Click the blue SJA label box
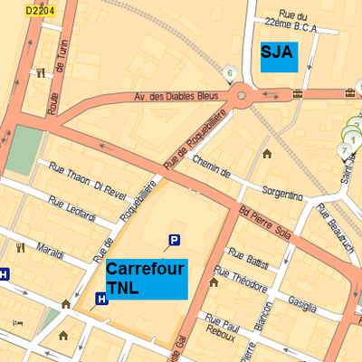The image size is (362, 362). pos(278,56)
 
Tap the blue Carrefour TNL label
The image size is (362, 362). pos(146,279)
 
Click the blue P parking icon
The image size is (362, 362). pos(174,240)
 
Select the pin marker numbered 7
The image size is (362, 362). pos(344,150)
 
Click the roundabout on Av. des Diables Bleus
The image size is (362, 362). pos(242,94)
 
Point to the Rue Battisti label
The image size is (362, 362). pos(248,259)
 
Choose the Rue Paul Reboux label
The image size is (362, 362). pos(221,328)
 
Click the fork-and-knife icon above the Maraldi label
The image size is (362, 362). pos(19,246)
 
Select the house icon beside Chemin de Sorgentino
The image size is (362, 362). pos(267,153)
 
